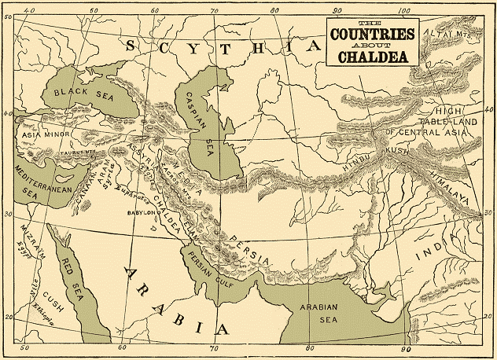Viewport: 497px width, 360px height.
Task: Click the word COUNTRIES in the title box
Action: (373, 35)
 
